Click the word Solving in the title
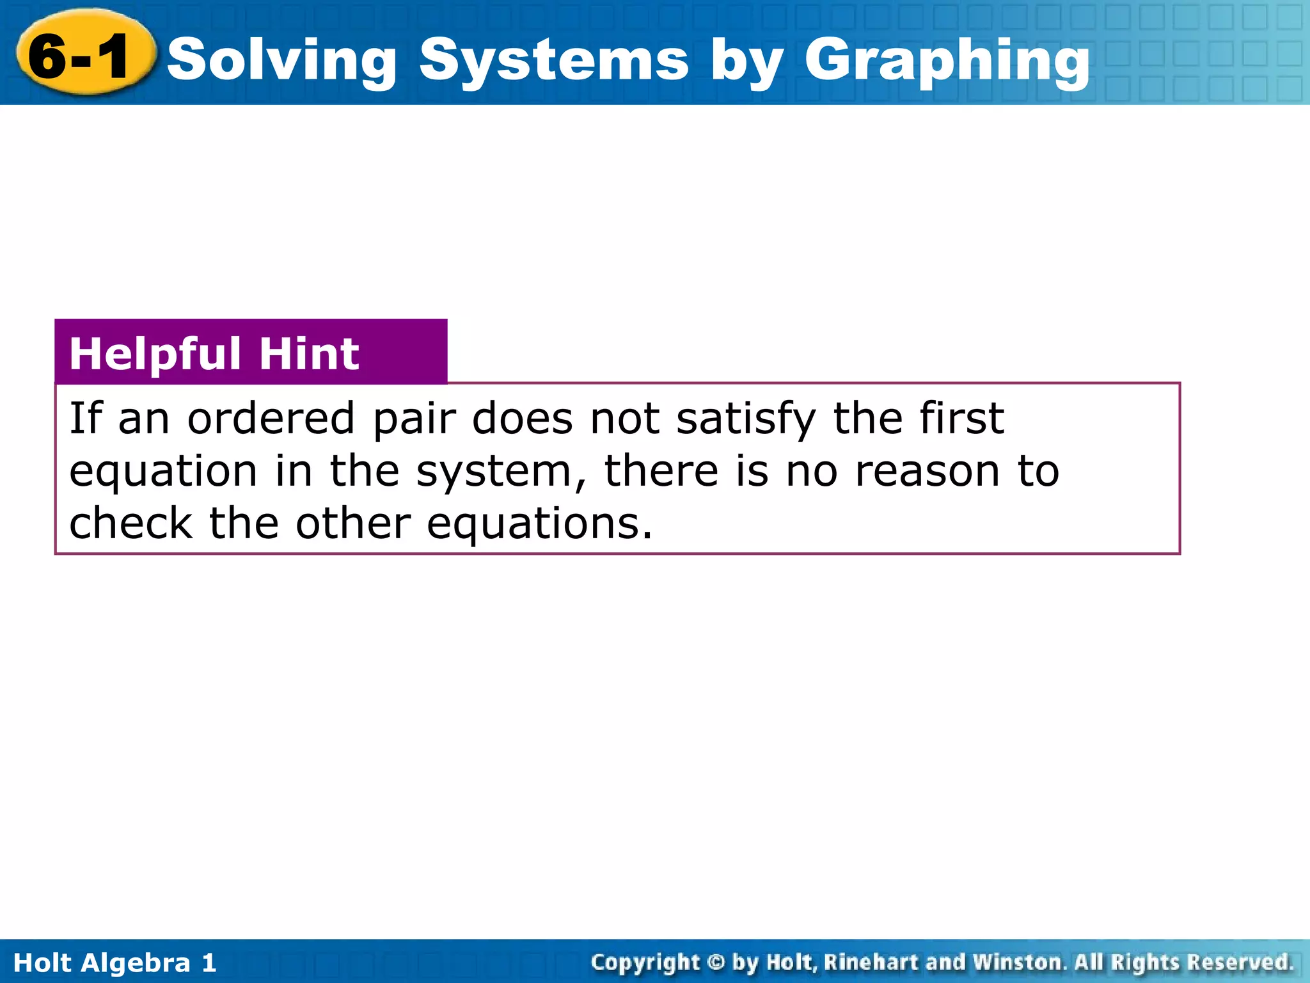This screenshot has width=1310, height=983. (x=282, y=61)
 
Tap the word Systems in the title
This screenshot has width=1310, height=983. (x=554, y=61)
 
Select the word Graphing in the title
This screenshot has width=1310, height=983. (x=947, y=61)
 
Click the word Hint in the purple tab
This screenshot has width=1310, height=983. (x=309, y=354)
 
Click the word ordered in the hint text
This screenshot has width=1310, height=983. (x=271, y=419)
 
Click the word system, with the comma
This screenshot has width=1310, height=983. (x=501, y=472)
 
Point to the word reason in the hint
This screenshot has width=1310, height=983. (x=927, y=472)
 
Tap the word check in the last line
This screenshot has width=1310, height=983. (x=130, y=523)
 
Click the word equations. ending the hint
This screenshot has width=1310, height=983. (x=539, y=525)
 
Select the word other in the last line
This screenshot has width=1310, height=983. (x=353, y=523)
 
